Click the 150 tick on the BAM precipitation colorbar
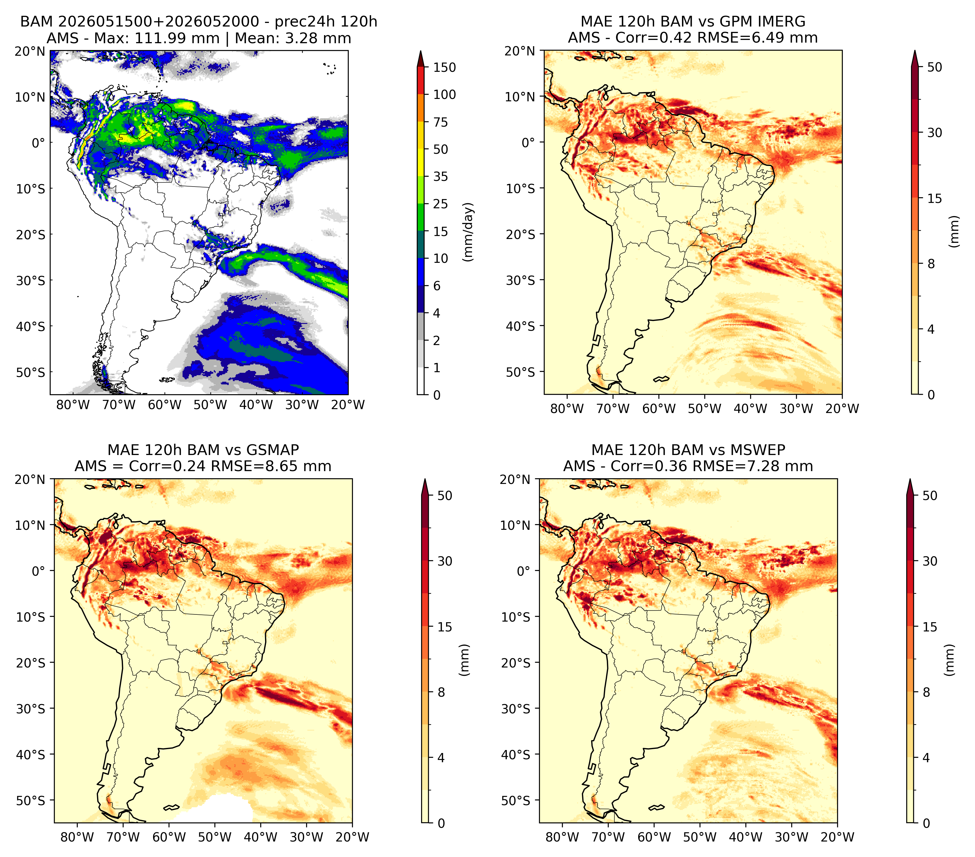point(444,67)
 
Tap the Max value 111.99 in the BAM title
point(161,38)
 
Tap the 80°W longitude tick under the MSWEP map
point(563,837)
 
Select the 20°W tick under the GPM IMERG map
point(842,409)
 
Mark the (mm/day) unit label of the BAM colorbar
point(469,232)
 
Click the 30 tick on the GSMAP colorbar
point(445,561)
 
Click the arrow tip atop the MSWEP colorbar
point(910,479)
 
